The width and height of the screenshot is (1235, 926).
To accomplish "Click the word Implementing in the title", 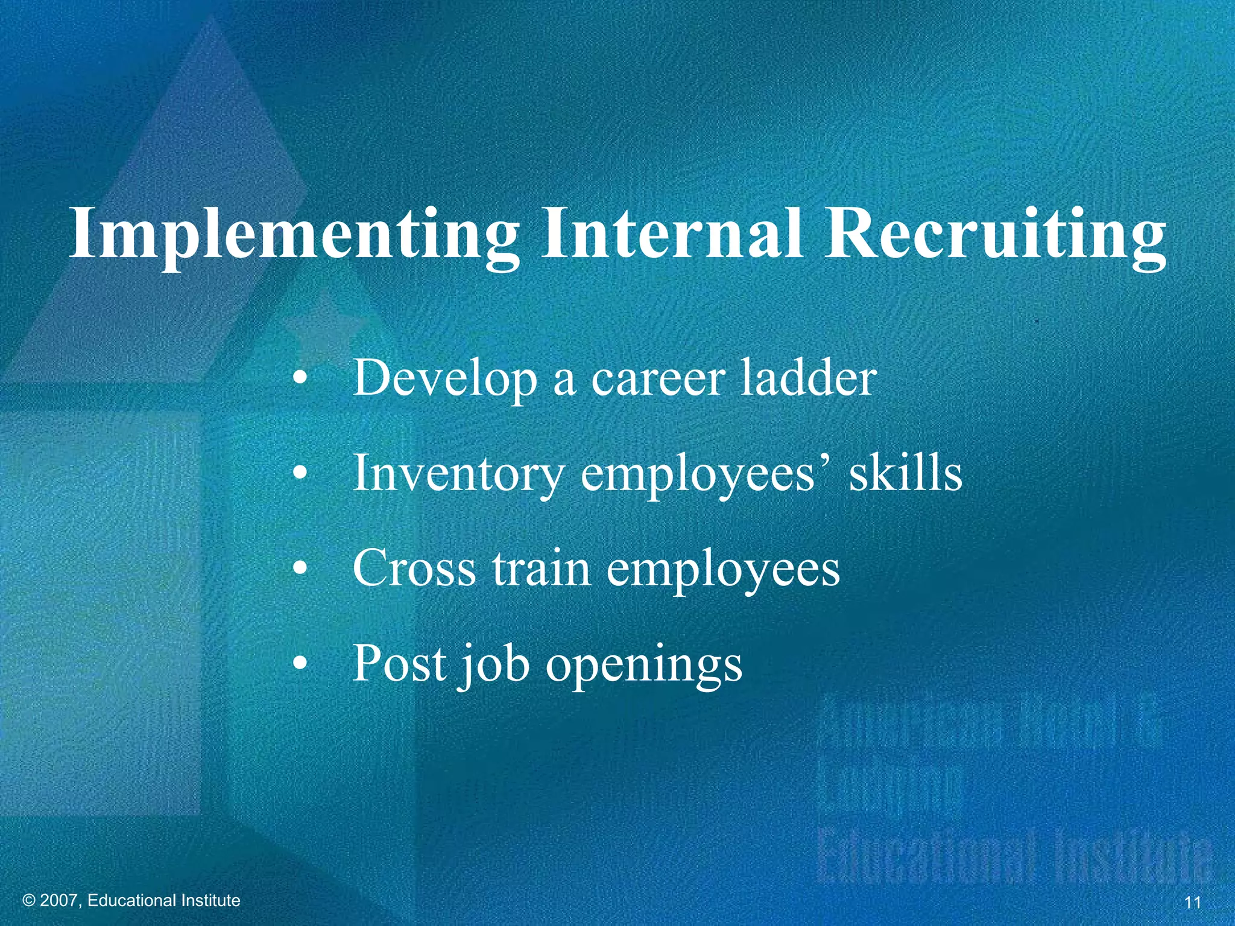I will pyautogui.click(x=294, y=235).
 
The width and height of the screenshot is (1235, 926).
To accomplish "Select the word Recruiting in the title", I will pyautogui.click(x=995, y=235).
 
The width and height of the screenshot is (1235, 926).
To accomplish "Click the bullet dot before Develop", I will pyautogui.click(x=300, y=380).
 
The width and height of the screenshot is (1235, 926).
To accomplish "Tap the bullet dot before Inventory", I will pyautogui.click(x=300, y=475).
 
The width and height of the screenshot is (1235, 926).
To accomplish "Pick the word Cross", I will pyautogui.click(x=414, y=569).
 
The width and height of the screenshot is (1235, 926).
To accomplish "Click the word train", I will pyautogui.click(x=541, y=569).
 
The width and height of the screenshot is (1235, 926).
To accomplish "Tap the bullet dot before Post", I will pyautogui.click(x=300, y=664).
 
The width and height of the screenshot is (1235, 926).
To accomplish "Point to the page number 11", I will pyautogui.click(x=1193, y=902).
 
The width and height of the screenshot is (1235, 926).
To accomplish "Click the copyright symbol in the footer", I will pyautogui.click(x=28, y=901).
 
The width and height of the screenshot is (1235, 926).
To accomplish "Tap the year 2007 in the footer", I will pyautogui.click(x=58, y=901).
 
